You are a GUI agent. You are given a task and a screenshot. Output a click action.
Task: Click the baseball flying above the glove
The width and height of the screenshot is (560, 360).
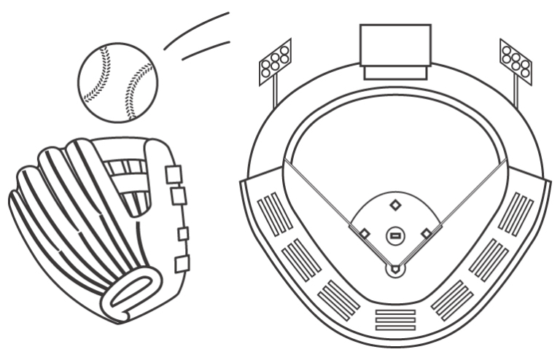117,82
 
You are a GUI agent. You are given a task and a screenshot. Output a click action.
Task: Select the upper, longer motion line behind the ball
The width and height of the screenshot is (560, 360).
197,29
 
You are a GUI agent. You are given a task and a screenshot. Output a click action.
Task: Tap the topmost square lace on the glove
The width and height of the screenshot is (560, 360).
174,175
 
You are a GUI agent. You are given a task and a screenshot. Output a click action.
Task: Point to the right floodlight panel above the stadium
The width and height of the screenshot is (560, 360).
516,60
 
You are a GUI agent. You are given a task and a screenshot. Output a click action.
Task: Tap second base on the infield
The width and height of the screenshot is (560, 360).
395,205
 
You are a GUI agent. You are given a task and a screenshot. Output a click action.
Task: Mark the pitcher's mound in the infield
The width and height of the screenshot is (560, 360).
395,235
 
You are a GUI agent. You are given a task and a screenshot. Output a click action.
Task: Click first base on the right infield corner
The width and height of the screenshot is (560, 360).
427,234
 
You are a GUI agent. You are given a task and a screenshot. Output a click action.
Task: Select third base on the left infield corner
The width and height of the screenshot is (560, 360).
365,234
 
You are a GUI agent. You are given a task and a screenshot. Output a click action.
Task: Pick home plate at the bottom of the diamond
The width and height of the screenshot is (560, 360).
395,269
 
